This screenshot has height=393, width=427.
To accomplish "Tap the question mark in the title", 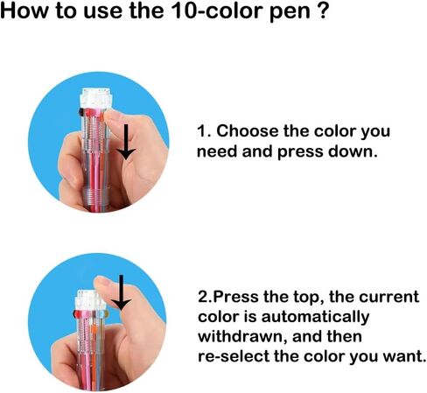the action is click(322, 11).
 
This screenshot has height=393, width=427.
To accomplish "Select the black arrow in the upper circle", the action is click(126, 142).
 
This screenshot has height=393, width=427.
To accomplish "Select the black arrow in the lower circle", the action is click(121, 292).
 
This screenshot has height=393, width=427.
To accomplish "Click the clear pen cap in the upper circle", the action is click(95, 98).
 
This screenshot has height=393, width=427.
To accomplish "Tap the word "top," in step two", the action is click(309, 298).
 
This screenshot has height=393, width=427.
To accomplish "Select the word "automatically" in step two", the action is click(315, 318).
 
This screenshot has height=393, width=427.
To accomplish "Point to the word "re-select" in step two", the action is click(234, 356).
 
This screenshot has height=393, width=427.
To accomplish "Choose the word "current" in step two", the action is click(388, 298).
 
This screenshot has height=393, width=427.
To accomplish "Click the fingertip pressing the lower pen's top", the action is click(103, 284).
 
